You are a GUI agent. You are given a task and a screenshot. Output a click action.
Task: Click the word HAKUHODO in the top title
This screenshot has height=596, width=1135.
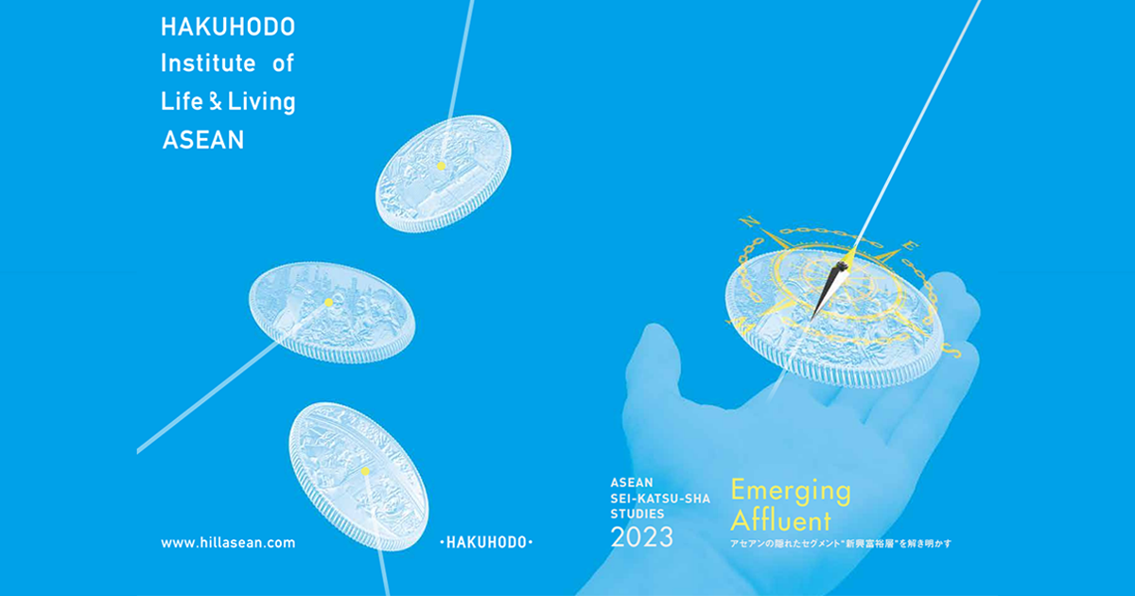(227, 27)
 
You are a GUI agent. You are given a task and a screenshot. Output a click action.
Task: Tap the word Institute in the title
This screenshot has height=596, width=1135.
(208, 64)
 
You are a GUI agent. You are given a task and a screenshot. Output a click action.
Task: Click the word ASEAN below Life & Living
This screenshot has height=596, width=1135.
(203, 140)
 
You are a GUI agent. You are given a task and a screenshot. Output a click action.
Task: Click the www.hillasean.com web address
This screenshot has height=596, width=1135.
(228, 543)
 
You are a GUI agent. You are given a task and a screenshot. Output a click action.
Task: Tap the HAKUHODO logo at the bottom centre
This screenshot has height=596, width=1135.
(487, 543)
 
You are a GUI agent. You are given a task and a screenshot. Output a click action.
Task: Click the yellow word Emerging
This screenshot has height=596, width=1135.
(791, 492)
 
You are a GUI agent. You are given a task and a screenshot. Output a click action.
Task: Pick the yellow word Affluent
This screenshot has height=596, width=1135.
(780, 520)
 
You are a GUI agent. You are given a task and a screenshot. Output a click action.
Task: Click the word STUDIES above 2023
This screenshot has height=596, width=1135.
(638, 514)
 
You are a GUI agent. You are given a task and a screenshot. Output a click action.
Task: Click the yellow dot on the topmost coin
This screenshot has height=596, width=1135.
(441, 166)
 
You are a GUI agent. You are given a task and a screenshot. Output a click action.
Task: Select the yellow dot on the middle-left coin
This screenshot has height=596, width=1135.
(328, 303)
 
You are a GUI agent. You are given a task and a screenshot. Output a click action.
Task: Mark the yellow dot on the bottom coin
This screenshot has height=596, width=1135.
(365, 470)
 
